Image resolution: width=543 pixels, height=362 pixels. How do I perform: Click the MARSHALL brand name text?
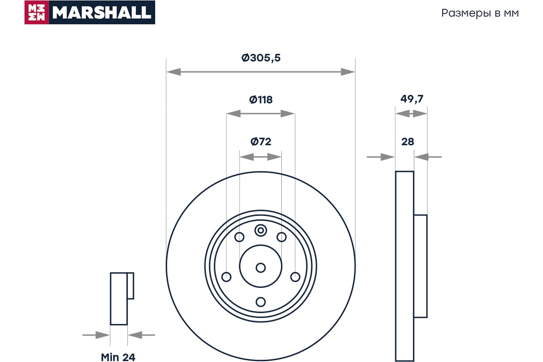102,12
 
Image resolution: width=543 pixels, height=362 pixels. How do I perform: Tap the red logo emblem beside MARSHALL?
37,12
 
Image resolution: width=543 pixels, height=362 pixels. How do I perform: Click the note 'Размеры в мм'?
480,13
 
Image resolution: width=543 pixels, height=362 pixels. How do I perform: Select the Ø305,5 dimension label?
261,58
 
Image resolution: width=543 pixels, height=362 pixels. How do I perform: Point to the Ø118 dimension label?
261,100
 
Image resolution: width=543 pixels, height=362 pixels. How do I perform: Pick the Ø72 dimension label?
261,142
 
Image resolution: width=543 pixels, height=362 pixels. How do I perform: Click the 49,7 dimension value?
412,99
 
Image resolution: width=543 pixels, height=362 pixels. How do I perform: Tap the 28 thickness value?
408,142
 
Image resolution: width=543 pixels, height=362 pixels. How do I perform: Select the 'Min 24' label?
118,357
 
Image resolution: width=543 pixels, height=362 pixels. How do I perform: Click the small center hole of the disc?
261,268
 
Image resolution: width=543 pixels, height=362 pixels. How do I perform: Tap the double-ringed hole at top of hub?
261,230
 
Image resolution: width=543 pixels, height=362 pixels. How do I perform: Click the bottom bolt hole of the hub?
261,302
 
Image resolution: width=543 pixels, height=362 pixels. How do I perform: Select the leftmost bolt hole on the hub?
226,276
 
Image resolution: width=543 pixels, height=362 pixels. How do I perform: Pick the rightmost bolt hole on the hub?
295,276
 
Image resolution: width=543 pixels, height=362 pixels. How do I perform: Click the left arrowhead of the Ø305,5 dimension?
174,72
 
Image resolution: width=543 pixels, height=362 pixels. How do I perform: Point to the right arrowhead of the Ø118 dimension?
288,114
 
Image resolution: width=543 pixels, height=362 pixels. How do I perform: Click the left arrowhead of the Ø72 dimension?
247,157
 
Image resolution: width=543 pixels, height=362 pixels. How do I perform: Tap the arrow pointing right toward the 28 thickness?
381,157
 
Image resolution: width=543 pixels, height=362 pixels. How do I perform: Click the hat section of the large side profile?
420,266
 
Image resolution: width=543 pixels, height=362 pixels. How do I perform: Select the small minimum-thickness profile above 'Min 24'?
122,299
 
